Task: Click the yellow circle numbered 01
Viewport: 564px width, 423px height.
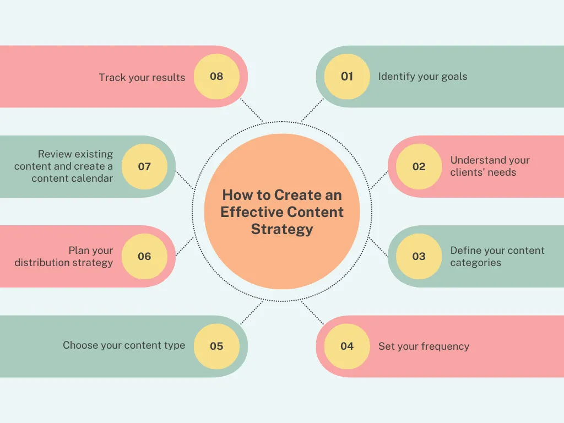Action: point(347,77)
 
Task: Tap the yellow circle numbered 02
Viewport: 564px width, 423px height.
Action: point(419,166)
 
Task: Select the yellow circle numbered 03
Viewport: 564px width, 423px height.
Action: point(419,257)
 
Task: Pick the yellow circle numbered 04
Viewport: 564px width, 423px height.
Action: point(347,346)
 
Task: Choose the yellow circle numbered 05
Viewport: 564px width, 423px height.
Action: point(216,346)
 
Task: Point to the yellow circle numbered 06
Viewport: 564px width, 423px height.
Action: point(145,257)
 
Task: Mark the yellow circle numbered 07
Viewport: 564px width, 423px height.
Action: point(145,166)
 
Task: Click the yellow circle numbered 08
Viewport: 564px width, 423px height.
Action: point(216,77)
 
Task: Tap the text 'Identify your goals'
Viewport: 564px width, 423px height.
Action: point(422,77)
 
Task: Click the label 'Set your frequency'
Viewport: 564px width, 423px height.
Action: point(424,346)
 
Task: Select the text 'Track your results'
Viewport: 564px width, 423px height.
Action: point(142,77)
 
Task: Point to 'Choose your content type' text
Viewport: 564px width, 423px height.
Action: point(124,345)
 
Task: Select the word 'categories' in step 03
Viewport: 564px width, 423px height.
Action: point(475,263)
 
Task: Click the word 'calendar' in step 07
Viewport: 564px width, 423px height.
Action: point(93,178)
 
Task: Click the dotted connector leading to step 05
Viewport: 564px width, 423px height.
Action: point(252,313)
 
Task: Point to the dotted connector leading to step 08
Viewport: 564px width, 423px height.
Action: point(251,110)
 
